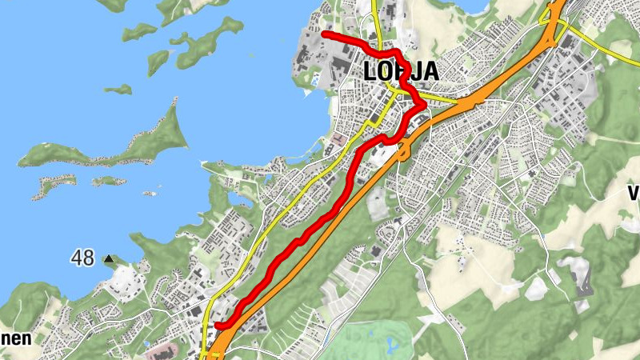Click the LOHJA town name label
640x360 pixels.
(400, 70)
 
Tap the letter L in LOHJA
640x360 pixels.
(370, 70)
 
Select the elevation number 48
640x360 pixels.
(82, 258)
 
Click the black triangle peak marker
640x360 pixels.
(109, 259)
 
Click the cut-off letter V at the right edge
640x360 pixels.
(634, 193)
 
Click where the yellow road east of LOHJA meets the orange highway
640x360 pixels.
(462, 102)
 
